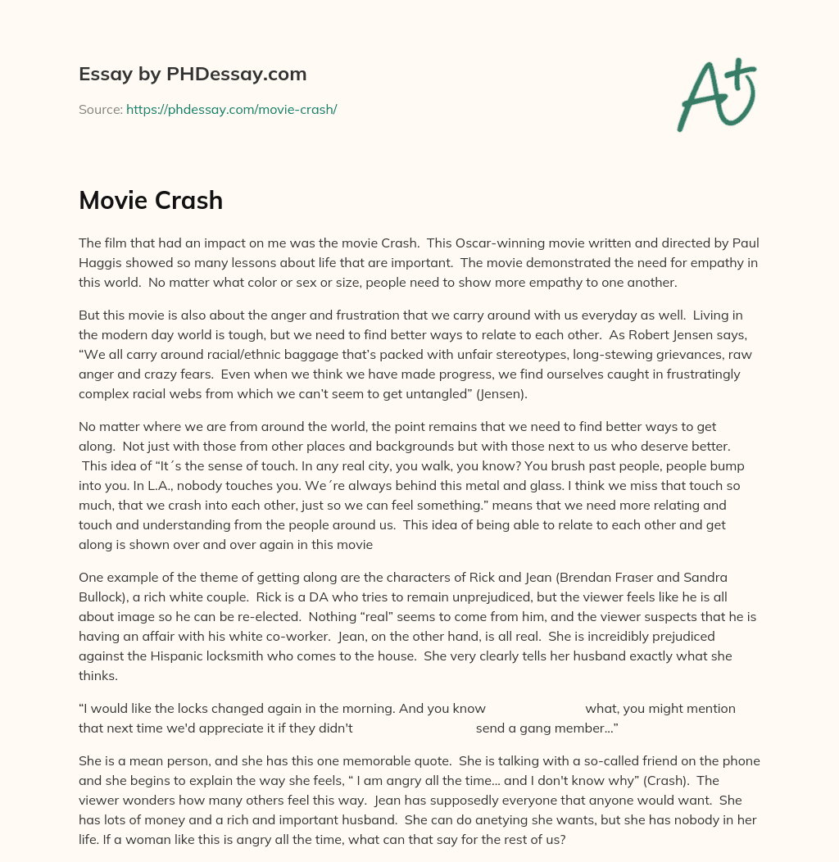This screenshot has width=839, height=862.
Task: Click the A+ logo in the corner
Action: click(716, 94)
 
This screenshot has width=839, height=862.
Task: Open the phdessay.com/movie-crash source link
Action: click(231, 109)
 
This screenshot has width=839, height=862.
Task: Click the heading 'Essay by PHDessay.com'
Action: click(193, 74)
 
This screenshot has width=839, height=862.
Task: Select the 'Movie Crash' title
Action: click(151, 200)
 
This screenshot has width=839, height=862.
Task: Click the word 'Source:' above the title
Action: click(100, 109)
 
